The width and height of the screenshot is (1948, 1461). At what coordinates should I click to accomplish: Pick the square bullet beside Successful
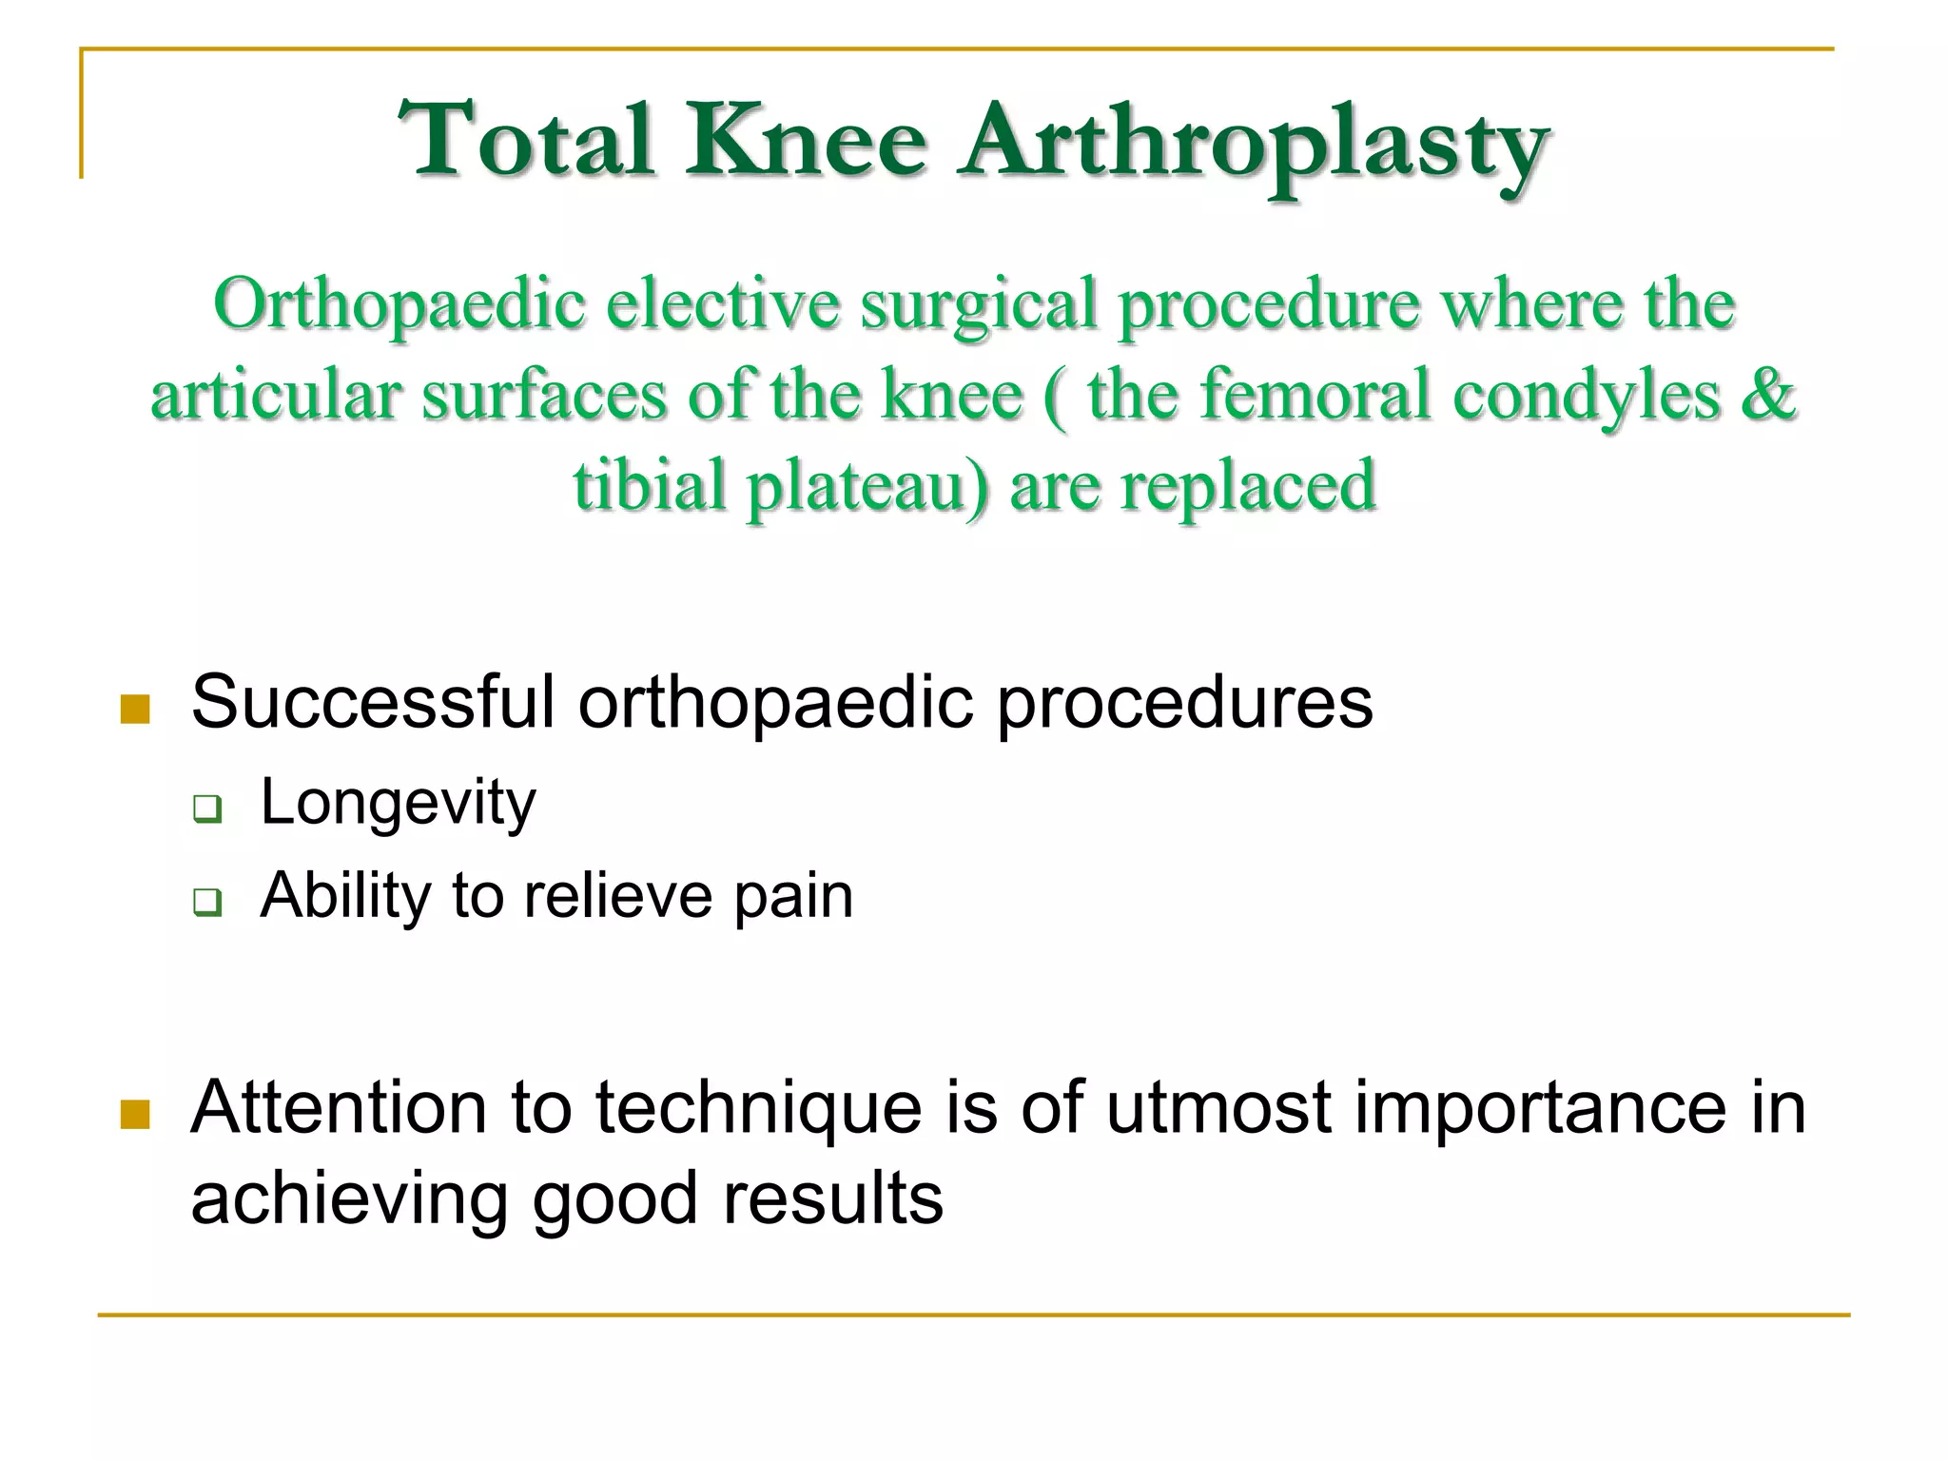[x=136, y=709]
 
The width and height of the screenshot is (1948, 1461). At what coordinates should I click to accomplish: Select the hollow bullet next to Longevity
[x=207, y=808]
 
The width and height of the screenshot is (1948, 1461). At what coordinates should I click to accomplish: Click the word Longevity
[x=398, y=804]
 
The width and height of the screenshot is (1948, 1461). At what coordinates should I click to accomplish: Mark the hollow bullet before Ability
[x=207, y=901]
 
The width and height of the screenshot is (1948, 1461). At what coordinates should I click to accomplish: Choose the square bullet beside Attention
[x=136, y=1114]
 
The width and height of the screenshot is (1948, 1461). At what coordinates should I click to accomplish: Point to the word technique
[x=758, y=1109]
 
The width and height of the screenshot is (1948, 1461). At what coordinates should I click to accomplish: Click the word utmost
[x=1218, y=1109]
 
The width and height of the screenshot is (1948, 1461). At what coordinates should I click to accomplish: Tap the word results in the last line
[x=833, y=1198]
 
